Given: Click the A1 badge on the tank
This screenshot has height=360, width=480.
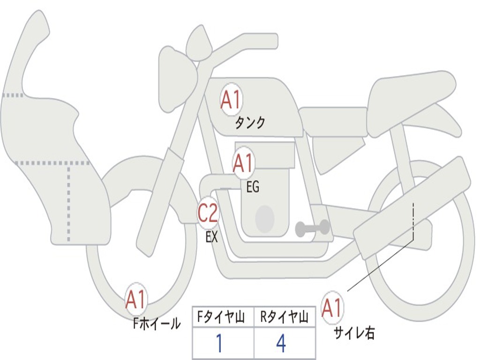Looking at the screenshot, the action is (231, 100).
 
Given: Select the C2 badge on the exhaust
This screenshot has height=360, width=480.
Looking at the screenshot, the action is (208, 213).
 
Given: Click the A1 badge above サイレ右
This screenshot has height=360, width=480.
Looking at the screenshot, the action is (332, 308).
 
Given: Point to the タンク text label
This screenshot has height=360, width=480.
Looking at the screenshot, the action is (250, 123).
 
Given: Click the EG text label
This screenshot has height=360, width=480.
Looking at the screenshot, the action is (253, 187).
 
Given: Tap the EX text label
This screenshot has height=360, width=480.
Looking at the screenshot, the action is (212, 237).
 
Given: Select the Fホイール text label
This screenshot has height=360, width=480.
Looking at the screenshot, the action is (157, 323).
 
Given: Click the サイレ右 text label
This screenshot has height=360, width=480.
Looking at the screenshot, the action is (354, 333).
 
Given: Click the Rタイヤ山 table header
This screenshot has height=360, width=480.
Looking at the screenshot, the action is (284, 318).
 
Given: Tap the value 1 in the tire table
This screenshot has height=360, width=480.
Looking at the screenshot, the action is (218, 344).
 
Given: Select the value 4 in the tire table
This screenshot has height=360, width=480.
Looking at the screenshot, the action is (281, 344).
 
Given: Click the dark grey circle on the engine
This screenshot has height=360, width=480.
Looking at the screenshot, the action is (264, 218).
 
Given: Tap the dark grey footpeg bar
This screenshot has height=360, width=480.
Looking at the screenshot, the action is (312, 228).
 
